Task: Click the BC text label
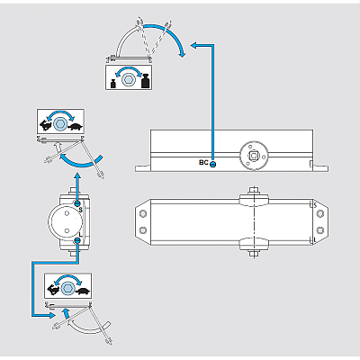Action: pos(203,163)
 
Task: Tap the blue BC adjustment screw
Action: pos(212,164)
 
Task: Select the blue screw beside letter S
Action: pos(77,203)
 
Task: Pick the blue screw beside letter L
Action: pos(77,240)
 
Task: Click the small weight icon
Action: pos(113,84)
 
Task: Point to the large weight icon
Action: pos(145,81)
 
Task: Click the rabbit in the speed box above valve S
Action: pos(45,125)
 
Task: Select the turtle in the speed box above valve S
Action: pos(75,127)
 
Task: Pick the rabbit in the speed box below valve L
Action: pos(53,289)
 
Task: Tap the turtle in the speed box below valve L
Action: pos(83,291)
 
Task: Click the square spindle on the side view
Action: pos(254,156)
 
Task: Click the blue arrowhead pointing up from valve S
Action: pos(77,176)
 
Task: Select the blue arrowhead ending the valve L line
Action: pos(52,315)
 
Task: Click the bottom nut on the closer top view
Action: pos(254,254)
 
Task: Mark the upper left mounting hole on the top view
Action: pos(143,213)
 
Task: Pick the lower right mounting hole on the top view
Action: pos(320,230)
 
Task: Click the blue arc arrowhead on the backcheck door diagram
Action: pos(182,54)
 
